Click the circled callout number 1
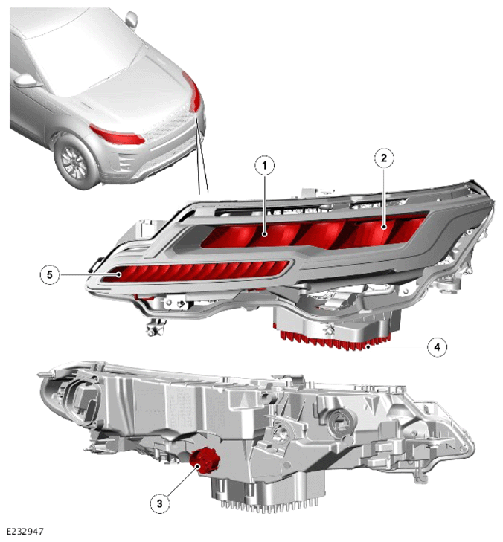[265, 166]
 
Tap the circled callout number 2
[384, 158]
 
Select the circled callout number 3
[159, 503]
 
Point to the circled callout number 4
[438, 346]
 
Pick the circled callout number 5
[50, 275]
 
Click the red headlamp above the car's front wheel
[116, 135]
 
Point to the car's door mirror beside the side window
[27, 80]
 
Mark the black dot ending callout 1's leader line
[265, 234]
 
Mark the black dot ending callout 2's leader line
[384, 227]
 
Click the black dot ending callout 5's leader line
[119, 275]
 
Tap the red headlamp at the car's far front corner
[192, 91]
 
